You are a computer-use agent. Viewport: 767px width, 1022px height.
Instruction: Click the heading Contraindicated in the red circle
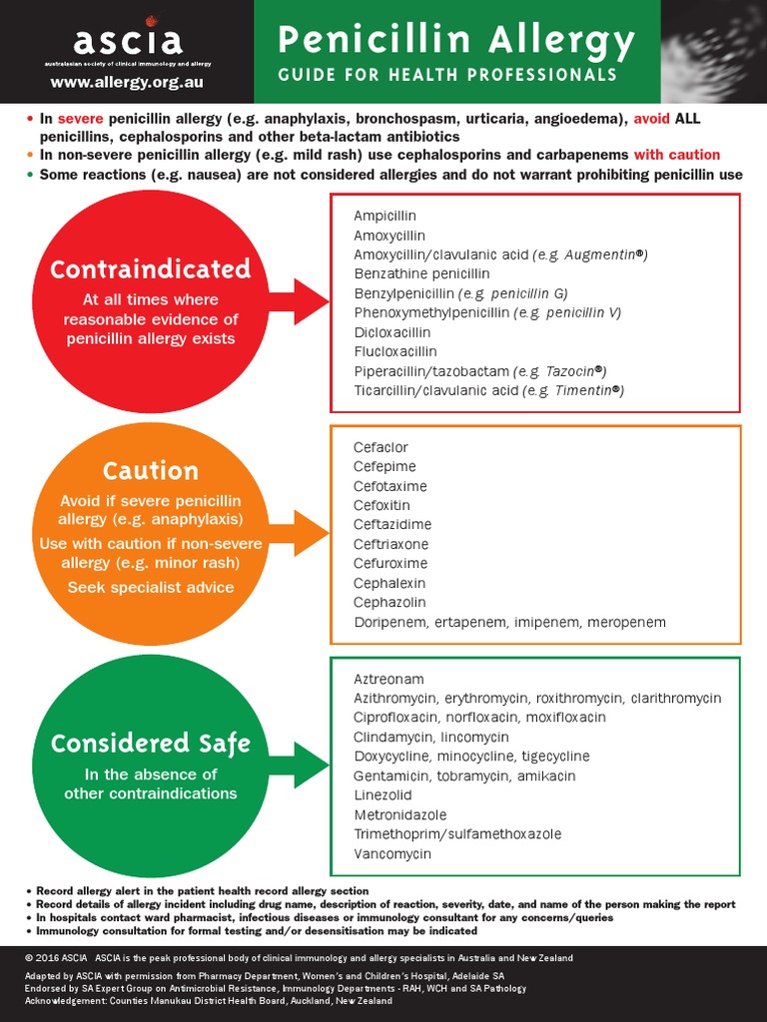[150, 269]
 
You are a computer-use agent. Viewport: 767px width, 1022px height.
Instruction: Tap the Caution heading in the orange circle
[150, 470]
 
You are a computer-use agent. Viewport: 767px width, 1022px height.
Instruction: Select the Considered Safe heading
[150, 744]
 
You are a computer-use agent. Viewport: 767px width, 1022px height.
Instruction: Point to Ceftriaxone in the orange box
[390, 544]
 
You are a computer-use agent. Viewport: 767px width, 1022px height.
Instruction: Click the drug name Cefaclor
[381, 447]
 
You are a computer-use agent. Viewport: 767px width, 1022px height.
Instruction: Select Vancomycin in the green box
[392, 853]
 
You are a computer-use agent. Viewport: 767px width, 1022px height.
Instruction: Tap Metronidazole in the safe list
[399, 814]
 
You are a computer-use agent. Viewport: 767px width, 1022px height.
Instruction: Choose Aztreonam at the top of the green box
[388, 679]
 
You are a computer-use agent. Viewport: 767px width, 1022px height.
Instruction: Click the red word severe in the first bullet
[80, 119]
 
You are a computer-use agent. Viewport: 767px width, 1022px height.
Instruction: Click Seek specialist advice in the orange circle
[150, 587]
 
